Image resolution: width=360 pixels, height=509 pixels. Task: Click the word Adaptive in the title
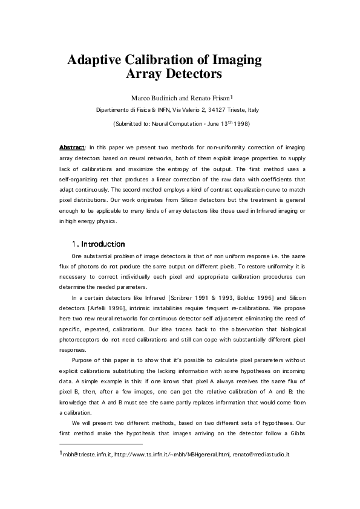(x=94, y=60)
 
